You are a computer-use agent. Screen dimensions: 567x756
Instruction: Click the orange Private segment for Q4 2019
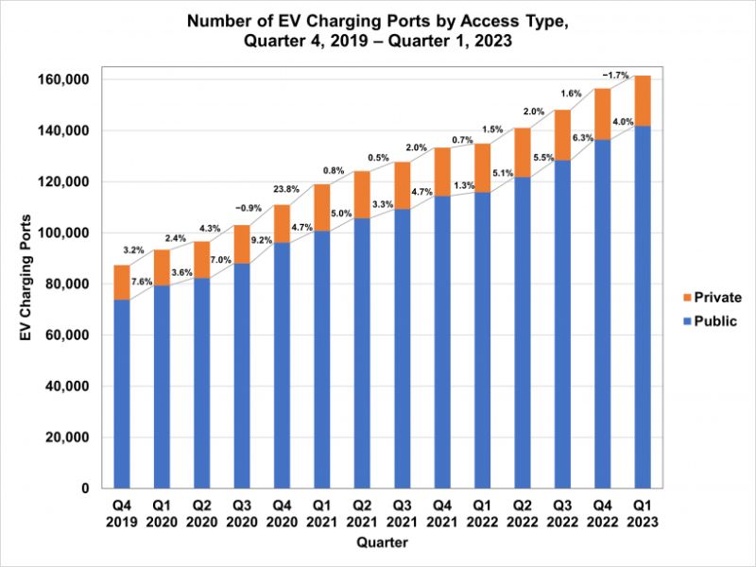(121, 283)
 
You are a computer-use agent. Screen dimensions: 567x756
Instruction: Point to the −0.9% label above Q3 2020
(245, 207)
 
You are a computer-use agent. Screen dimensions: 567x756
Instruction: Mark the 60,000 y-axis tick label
(65, 335)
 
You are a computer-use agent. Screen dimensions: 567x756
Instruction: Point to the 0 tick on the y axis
(85, 489)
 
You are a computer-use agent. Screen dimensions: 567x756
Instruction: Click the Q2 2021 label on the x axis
(362, 514)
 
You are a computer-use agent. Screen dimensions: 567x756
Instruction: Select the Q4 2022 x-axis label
(602, 514)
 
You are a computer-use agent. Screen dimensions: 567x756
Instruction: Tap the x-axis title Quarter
(382, 543)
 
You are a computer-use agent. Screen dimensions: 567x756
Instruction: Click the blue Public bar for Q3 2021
(402, 349)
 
